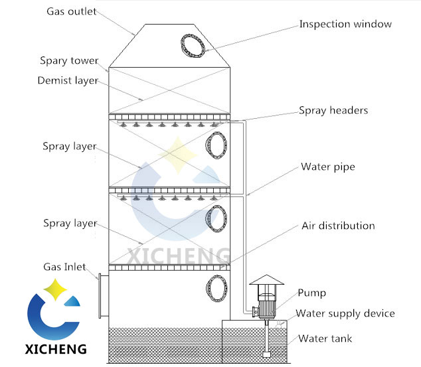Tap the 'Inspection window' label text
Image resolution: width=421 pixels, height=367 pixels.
pos(345,24)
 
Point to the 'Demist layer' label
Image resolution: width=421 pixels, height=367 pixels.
pos(68,80)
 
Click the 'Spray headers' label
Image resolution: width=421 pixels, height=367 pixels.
pos(333,110)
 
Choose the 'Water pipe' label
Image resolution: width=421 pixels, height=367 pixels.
pos(328,167)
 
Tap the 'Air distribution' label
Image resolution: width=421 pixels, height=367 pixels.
pos(337,226)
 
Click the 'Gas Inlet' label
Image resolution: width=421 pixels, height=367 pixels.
pos(65,266)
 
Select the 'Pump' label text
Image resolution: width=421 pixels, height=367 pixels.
pos(311,292)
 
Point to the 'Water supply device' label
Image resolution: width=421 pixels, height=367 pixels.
pos(345,313)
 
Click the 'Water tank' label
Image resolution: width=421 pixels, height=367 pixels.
pos(325,338)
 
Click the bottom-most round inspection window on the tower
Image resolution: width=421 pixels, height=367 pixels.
pos(216,288)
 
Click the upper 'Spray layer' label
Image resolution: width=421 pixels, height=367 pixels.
pos(69,146)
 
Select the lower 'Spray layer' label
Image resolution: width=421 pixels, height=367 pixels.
pos(69,223)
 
